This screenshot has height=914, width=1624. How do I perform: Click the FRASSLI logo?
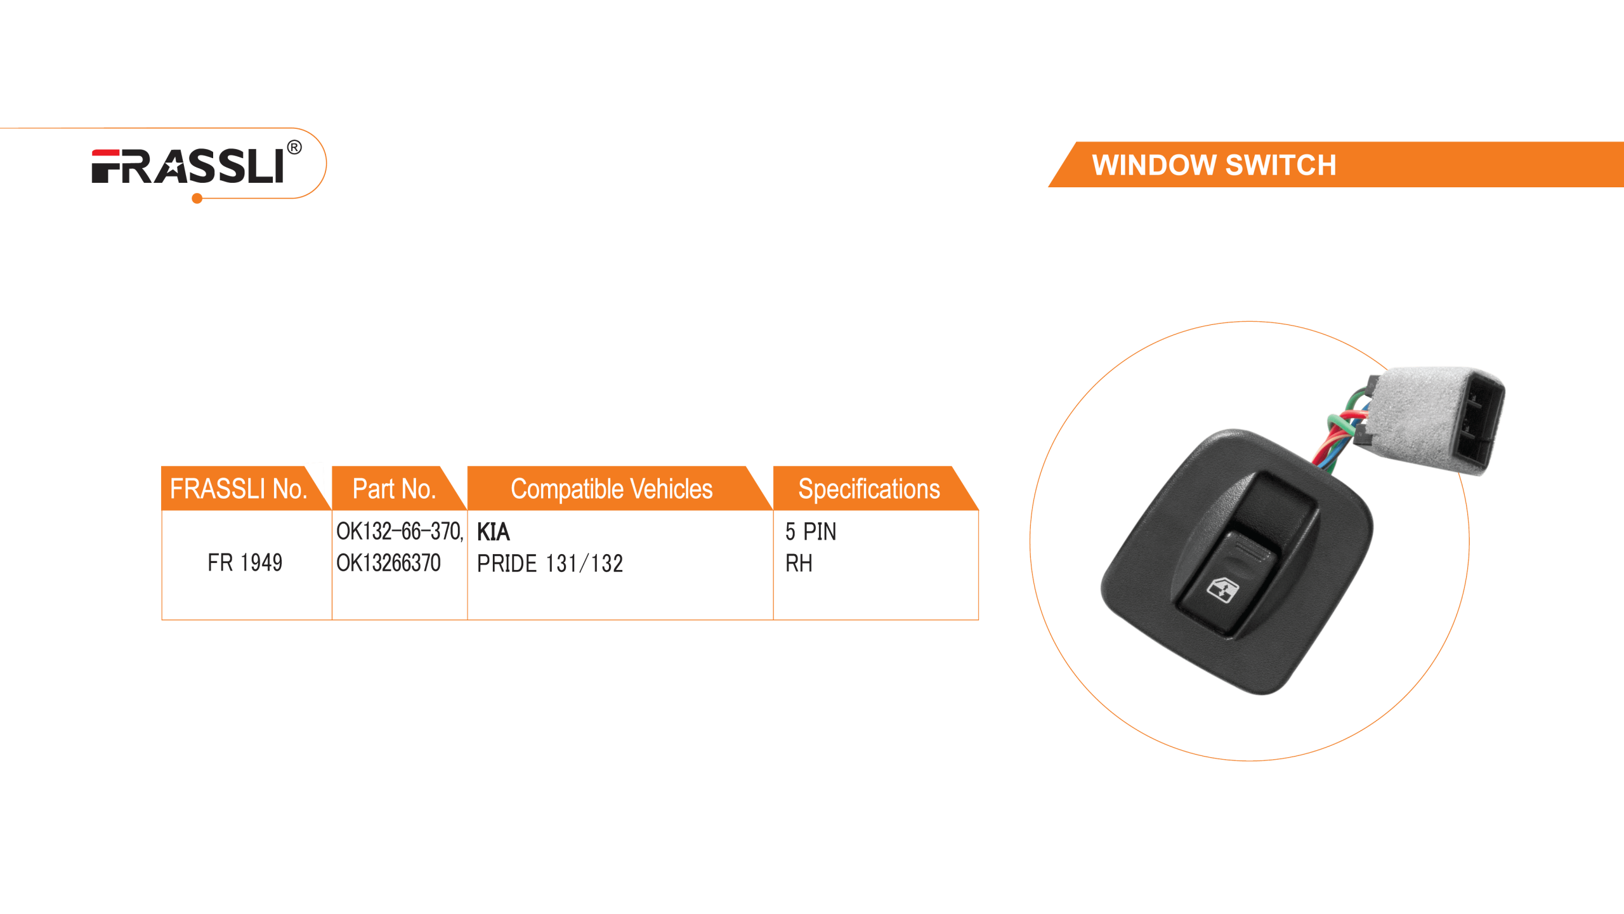tap(188, 166)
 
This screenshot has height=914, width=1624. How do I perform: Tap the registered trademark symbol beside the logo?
tap(294, 148)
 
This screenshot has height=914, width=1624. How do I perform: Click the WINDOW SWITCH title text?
tap(1214, 165)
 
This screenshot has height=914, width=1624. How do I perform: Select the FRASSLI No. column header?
tap(238, 489)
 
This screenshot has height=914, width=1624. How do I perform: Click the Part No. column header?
tap(394, 489)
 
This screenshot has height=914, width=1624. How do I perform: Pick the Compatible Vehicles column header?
tap(612, 489)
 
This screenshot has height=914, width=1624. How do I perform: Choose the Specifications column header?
tap(868, 489)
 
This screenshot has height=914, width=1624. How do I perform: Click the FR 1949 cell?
tap(245, 562)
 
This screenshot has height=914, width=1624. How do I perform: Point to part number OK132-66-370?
tap(398, 531)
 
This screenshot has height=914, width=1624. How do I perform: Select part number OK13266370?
tap(388, 562)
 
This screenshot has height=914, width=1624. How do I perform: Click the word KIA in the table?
tap(493, 531)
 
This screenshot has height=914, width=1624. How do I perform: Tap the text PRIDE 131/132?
tap(550, 563)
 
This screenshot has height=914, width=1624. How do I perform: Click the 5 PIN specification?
tap(811, 531)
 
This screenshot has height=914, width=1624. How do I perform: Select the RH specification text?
tap(799, 563)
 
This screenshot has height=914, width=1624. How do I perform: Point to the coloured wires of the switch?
tap(1345, 432)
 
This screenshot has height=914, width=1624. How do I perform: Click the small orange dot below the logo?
tap(197, 199)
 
